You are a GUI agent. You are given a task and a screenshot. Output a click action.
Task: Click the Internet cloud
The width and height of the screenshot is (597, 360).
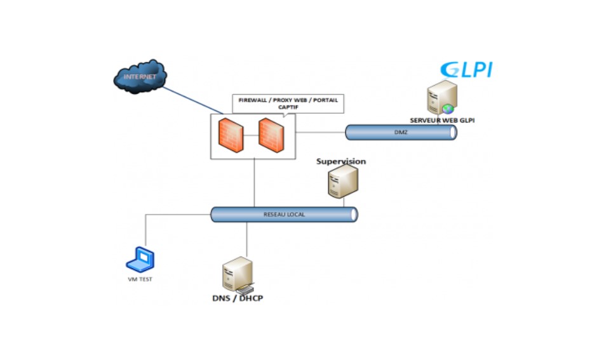pyautogui.click(x=140, y=77)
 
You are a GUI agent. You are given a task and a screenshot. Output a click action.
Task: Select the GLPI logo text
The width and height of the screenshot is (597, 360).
pyautogui.click(x=467, y=70)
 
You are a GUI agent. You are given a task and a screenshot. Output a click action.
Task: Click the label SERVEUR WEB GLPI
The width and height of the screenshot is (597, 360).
pyautogui.click(x=442, y=119)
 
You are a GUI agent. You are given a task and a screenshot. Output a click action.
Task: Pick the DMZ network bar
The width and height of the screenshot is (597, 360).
pyautogui.click(x=401, y=132)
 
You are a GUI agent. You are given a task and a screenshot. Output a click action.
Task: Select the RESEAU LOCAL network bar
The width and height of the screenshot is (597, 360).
pyautogui.click(x=284, y=215)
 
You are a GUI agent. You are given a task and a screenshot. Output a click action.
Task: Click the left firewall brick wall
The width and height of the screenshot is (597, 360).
pyautogui.click(x=231, y=135)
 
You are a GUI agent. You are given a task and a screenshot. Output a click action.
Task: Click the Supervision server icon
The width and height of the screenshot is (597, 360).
pyautogui.click(x=342, y=182)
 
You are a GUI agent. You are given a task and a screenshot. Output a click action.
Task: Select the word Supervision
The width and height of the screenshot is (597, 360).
pyautogui.click(x=341, y=161)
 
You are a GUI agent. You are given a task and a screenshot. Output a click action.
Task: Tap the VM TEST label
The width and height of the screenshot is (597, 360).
pyautogui.click(x=140, y=279)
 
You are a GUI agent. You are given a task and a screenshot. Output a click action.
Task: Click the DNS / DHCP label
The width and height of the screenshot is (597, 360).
pyautogui.click(x=237, y=298)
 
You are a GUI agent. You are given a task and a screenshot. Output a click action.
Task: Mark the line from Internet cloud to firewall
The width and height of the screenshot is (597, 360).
pyautogui.click(x=191, y=101)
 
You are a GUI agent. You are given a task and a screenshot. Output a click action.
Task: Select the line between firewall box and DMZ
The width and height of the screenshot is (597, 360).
pyautogui.click(x=321, y=133)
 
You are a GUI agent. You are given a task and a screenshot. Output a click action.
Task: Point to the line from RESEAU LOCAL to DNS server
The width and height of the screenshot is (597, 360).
pyautogui.click(x=246, y=239)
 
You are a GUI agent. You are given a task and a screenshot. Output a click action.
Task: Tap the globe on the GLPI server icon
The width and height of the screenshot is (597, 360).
pyautogui.click(x=449, y=109)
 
